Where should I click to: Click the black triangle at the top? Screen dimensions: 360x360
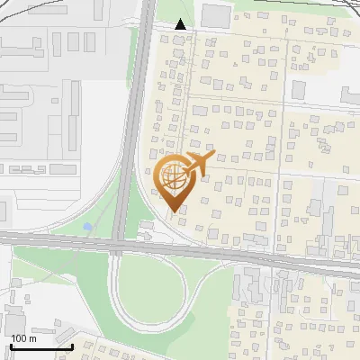182,24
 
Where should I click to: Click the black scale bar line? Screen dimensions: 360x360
41,346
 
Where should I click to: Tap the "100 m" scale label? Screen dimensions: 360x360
23,338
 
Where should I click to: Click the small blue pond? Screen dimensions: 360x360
87,227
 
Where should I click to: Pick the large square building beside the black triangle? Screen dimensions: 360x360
214,15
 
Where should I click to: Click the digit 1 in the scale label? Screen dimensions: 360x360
13,338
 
